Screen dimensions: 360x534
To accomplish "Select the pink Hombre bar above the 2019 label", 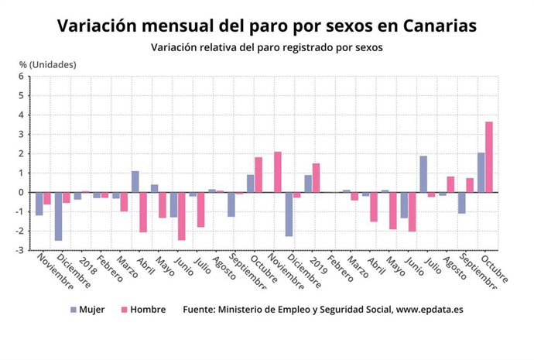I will pyautogui.click(x=316, y=178).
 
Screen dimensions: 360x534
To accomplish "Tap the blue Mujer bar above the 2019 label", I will pyautogui.click(x=308, y=183).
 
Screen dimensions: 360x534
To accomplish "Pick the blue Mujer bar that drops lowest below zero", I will pyautogui.click(x=58, y=216).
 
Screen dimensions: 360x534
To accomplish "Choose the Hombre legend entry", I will pyautogui.click(x=144, y=310).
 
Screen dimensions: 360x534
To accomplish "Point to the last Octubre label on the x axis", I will pyautogui.click(x=494, y=270).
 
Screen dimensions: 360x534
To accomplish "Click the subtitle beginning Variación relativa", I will pyautogui.click(x=266, y=48).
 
